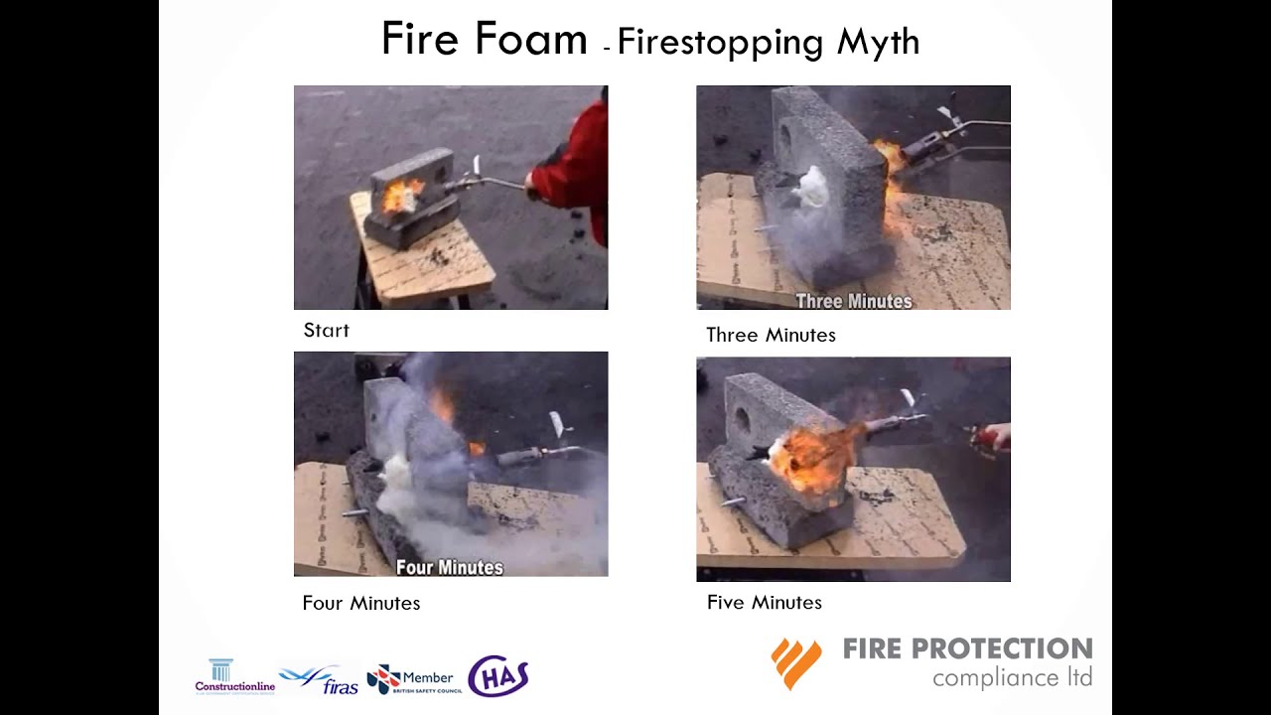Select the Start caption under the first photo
click(x=326, y=331)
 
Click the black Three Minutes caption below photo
click(x=771, y=336)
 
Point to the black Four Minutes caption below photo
click(x=360, y=604)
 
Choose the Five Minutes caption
click(x=764, y=603)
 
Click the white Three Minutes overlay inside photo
click(x=853, y=301)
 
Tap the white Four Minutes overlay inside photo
click(x=450, y=567)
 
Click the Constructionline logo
click(x=234, y=676)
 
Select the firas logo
click(x=319, y=680)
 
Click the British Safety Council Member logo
click(x=410, y=679)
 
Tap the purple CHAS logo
click(x=497, y=676)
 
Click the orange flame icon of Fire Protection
click(x=796, y=662)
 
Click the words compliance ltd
click(x=1012, y=678)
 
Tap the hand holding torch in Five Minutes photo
click(x=997, y=437)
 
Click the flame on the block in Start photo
click(x=401, y=196)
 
